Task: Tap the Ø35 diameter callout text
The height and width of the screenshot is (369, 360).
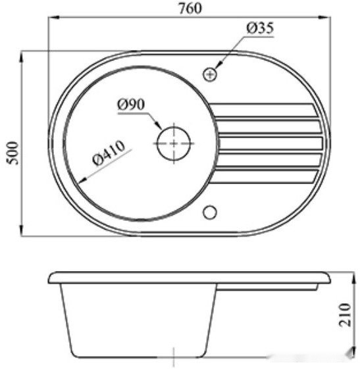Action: pyautogui.click(x=260, y=29)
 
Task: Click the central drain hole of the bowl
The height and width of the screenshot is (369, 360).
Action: pyautogui.click(x=173, y=142)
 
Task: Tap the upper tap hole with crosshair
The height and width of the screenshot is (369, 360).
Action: pyautogui.click(x=210, y=74)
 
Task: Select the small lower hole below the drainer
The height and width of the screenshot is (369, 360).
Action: pyautogui.click(x=211, y=212)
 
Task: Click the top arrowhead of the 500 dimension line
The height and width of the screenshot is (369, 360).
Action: pyautogui.click(x=24, y=53)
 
